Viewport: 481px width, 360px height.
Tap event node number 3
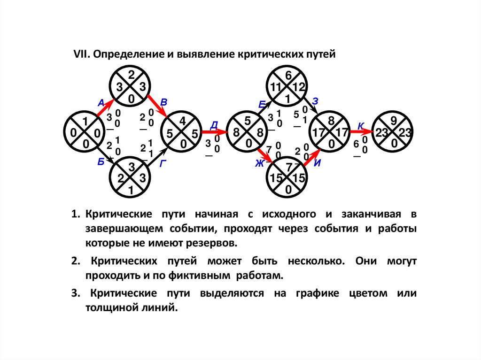tap(131, 179)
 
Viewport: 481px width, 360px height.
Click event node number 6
tap(288, 87)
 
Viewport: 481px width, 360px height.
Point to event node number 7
tap(288, 179)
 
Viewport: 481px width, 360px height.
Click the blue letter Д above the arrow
tap(214, 124)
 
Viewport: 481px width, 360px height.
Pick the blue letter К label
tap(360, 125)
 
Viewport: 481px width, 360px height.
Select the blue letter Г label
tap(163, 163)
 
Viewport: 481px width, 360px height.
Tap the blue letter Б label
tap(101, 162)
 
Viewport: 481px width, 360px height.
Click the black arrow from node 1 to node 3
tap(106, 155)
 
